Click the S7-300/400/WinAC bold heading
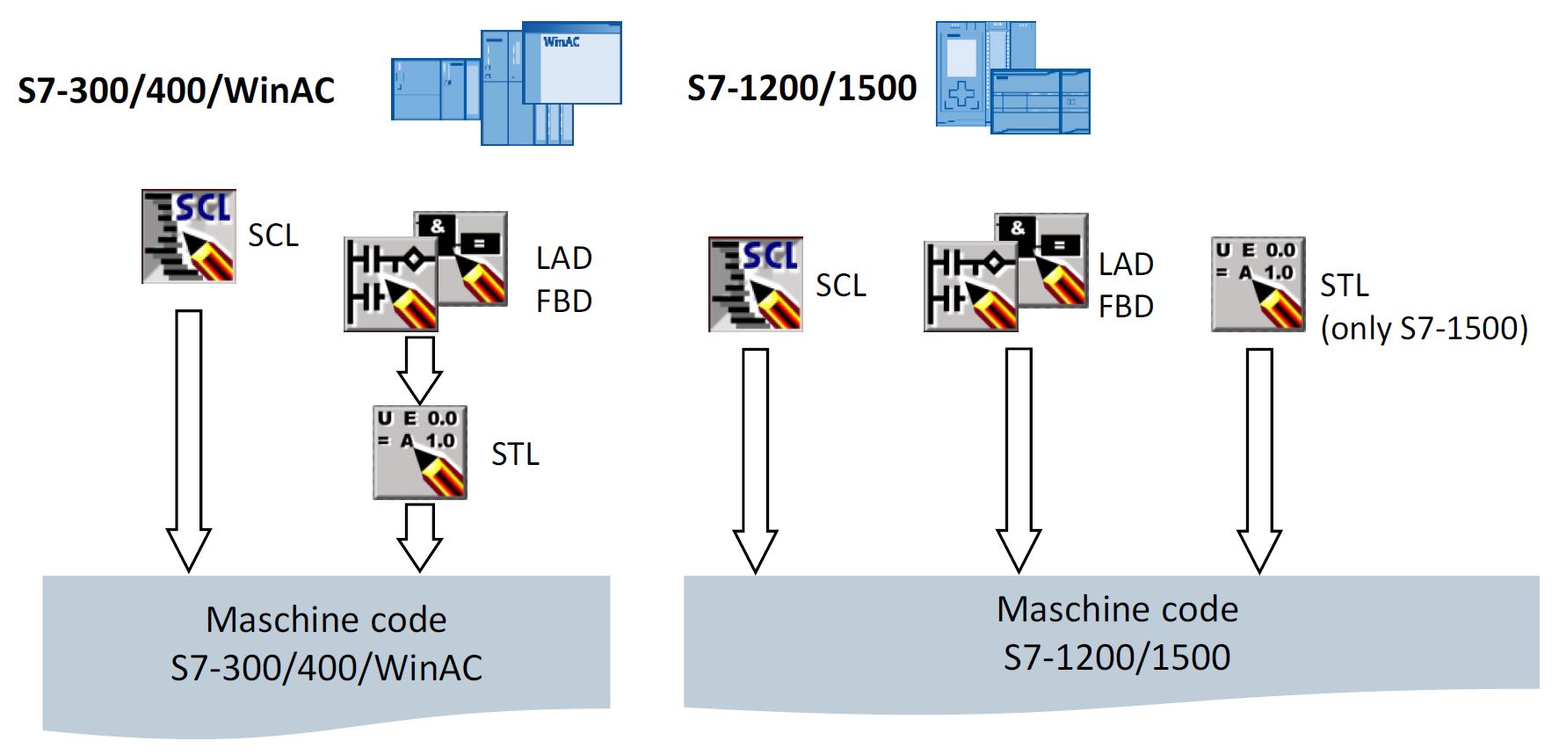coord(176,91)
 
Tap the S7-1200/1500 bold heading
coord(801,88)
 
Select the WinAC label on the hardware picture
coord(561,41)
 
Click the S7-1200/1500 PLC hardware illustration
coord(1012,78)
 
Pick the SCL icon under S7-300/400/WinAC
coord(189,236)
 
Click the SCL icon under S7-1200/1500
coord(756,284)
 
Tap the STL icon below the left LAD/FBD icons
coord(420,452)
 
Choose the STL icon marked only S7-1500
coord(1258,284)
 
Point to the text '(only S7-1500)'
coord(1424,328)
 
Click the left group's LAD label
coord(564,258)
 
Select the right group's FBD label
coord(1126,307)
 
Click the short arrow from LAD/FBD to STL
coord(419,369)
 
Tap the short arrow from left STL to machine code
coord(419,536)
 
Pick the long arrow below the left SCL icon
coord(189,439)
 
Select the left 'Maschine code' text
coord(326,620)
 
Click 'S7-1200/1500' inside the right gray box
coord(1117,657)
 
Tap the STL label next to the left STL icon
coord(515,454)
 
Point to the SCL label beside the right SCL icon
coord(840,286)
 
